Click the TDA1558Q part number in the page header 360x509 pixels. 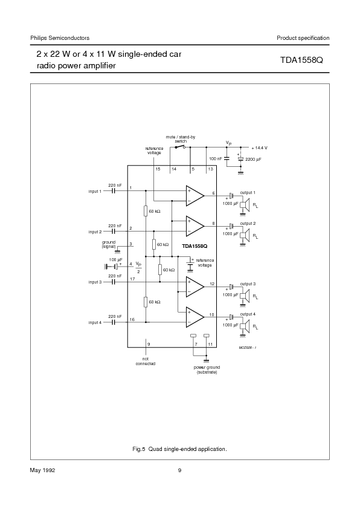pyautogui.click(x=304, y=61)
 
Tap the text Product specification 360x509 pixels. pyautogui.click(x=303, y=38)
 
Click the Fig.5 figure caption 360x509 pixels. pyautogui.click(x=179, y=449)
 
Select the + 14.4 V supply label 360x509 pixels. pyautogui.click(x=259, y=148)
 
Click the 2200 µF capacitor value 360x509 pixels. pyautogui.click(x=253, y=159)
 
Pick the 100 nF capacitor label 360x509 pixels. pyautogui.click(x=215, y=158)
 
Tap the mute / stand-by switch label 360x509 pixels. pyautogui.click(x=181, y=139)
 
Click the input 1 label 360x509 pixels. pyautogui.click(x=95, y=191)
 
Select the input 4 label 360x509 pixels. pyautogui.click(x=95, y=322)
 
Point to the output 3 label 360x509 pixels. pyautogui.click(x=248, y=284)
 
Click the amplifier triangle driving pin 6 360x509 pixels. pyautogui.click(x=194, y=195)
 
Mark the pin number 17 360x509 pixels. pyautogui.click(x=132, y=278)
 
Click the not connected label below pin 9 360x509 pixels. pyautogui.click(x=145, y=361)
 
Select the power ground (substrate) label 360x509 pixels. pyautogui.click(x=207, y=369)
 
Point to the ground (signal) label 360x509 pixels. pyautogui.click(x=108, y=244)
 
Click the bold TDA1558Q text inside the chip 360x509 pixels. pyautogui.click(x=194, y=246)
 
